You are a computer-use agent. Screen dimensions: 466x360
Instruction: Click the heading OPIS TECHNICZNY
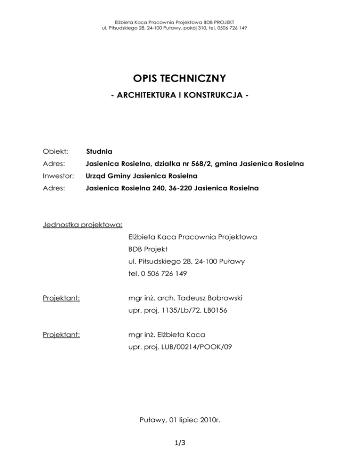pos(180,77)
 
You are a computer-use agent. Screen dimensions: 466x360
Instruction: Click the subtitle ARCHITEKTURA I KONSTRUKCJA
pos(180,96)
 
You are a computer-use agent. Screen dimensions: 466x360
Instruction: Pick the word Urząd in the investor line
pos(97,176)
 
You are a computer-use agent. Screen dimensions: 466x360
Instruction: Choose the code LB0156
pos(213,309)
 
